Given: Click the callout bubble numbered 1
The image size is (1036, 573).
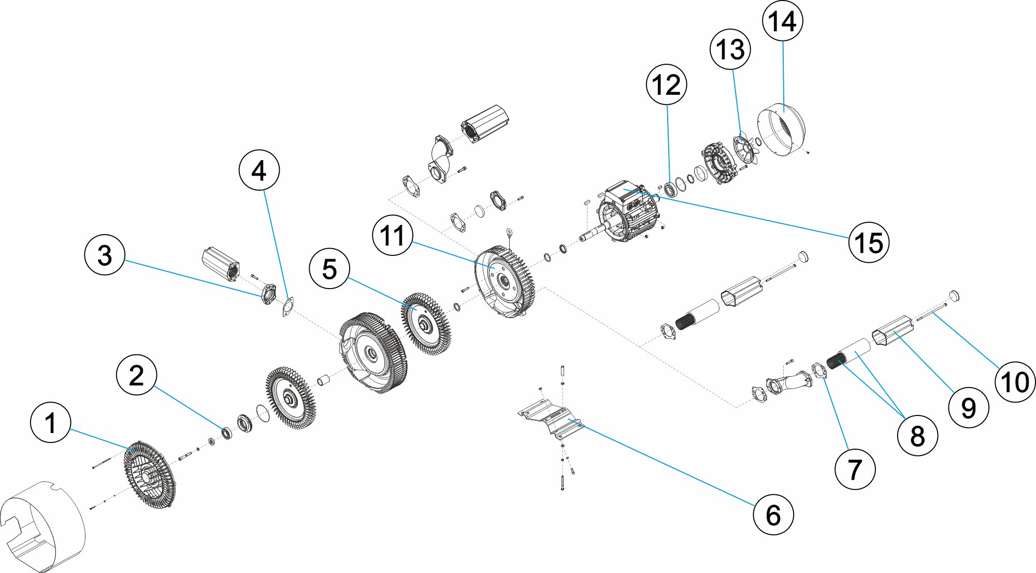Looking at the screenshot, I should (x=50, y=423).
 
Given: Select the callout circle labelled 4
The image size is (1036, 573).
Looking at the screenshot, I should (x=259, y=170).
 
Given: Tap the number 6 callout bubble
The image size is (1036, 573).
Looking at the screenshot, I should (x=773, y=514).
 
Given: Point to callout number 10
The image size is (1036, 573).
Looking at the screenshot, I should (x=1015, y=382).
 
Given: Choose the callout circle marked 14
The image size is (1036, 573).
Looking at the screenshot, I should (x=782, y=22).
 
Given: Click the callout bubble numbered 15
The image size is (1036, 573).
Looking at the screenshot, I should (x=869, y=242).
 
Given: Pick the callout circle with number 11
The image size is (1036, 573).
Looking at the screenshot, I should (x=393, y=236).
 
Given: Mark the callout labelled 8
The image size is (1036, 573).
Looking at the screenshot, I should (x=917, y=436).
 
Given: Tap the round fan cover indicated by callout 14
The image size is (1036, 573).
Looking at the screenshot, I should (x=782, y=130).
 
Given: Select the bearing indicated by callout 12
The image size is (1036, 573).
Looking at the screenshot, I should (x=669, y=190).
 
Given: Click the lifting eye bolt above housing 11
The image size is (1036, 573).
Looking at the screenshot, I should (x=509, y=232).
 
